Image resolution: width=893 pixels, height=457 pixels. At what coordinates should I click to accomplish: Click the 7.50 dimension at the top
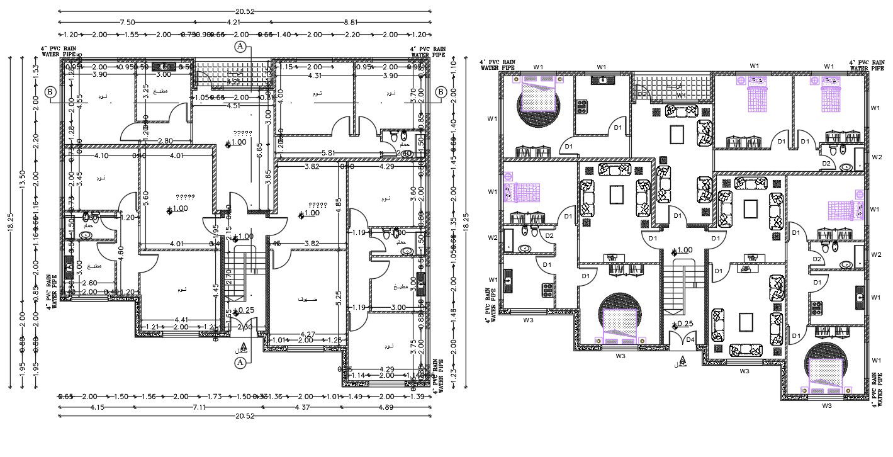[x=128, y=22]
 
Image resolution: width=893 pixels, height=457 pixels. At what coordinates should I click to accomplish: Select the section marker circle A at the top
[x=239, y=47]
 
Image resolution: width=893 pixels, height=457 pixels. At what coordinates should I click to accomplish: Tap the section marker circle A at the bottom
[x=239, y=363]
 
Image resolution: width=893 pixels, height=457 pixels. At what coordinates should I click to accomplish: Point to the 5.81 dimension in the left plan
[x=327, y=153]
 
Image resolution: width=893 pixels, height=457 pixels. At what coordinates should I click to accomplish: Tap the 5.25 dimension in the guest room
[x=339, y=294]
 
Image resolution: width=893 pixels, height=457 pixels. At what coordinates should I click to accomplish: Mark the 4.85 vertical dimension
[x=339, y=203]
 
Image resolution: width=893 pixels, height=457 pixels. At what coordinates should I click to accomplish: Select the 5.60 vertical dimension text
[x=145, y=196]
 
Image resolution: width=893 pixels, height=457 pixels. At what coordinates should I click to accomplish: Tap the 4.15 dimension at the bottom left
[x=97, y=408]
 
